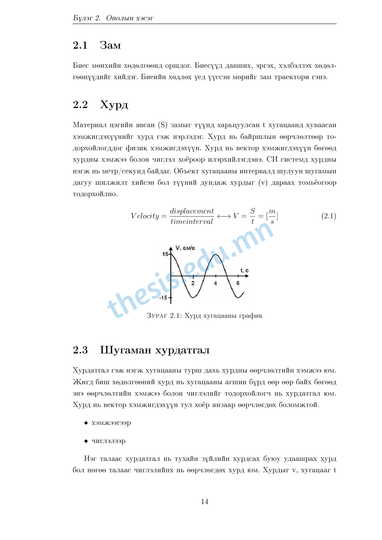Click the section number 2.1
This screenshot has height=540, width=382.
pyautogui.click(x=80, y=45)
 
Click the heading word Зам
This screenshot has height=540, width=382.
pyautogui.click(x=110, y=45)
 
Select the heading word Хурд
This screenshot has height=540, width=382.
pyautogui.click(x=114, y=105)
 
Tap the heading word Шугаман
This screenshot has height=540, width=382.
pyautogui.click(x=125, y=350)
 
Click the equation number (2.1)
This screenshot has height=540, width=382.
pyautogui.click(x=328, y=216)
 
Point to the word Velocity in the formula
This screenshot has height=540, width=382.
pyautogui.click(x=145, y=216)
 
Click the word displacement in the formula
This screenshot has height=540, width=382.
pyautogui.click(x=192, y=211)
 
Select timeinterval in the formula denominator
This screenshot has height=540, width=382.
pyautogui.click(x=192, y=222)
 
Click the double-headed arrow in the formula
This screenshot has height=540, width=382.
pyautogui.click(x=224, y=216)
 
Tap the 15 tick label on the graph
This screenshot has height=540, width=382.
pyautogui.click(x=165, y=254)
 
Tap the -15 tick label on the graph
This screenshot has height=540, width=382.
pyautogui.click(x=163, y=298)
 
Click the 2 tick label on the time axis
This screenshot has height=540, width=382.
pyautogui.click(x=193, y=283)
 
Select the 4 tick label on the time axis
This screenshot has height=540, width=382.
pyautogui.click(x=215, y=283)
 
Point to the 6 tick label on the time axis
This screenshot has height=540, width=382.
pyautogui.click(x=238, y=283)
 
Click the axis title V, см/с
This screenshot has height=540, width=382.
pyautogui.click(x=185, y=248)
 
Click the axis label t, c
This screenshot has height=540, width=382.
pyautogui.click(x=244, y=271)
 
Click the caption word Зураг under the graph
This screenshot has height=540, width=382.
pyautogui.click(x=157, y=316)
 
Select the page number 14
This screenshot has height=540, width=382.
pyautogui.click(x=205, y=502)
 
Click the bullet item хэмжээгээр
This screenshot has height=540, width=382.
pyautogui.click(x=111, y=423)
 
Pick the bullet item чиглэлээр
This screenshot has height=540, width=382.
pyautogui.click(x=108, y=441)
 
